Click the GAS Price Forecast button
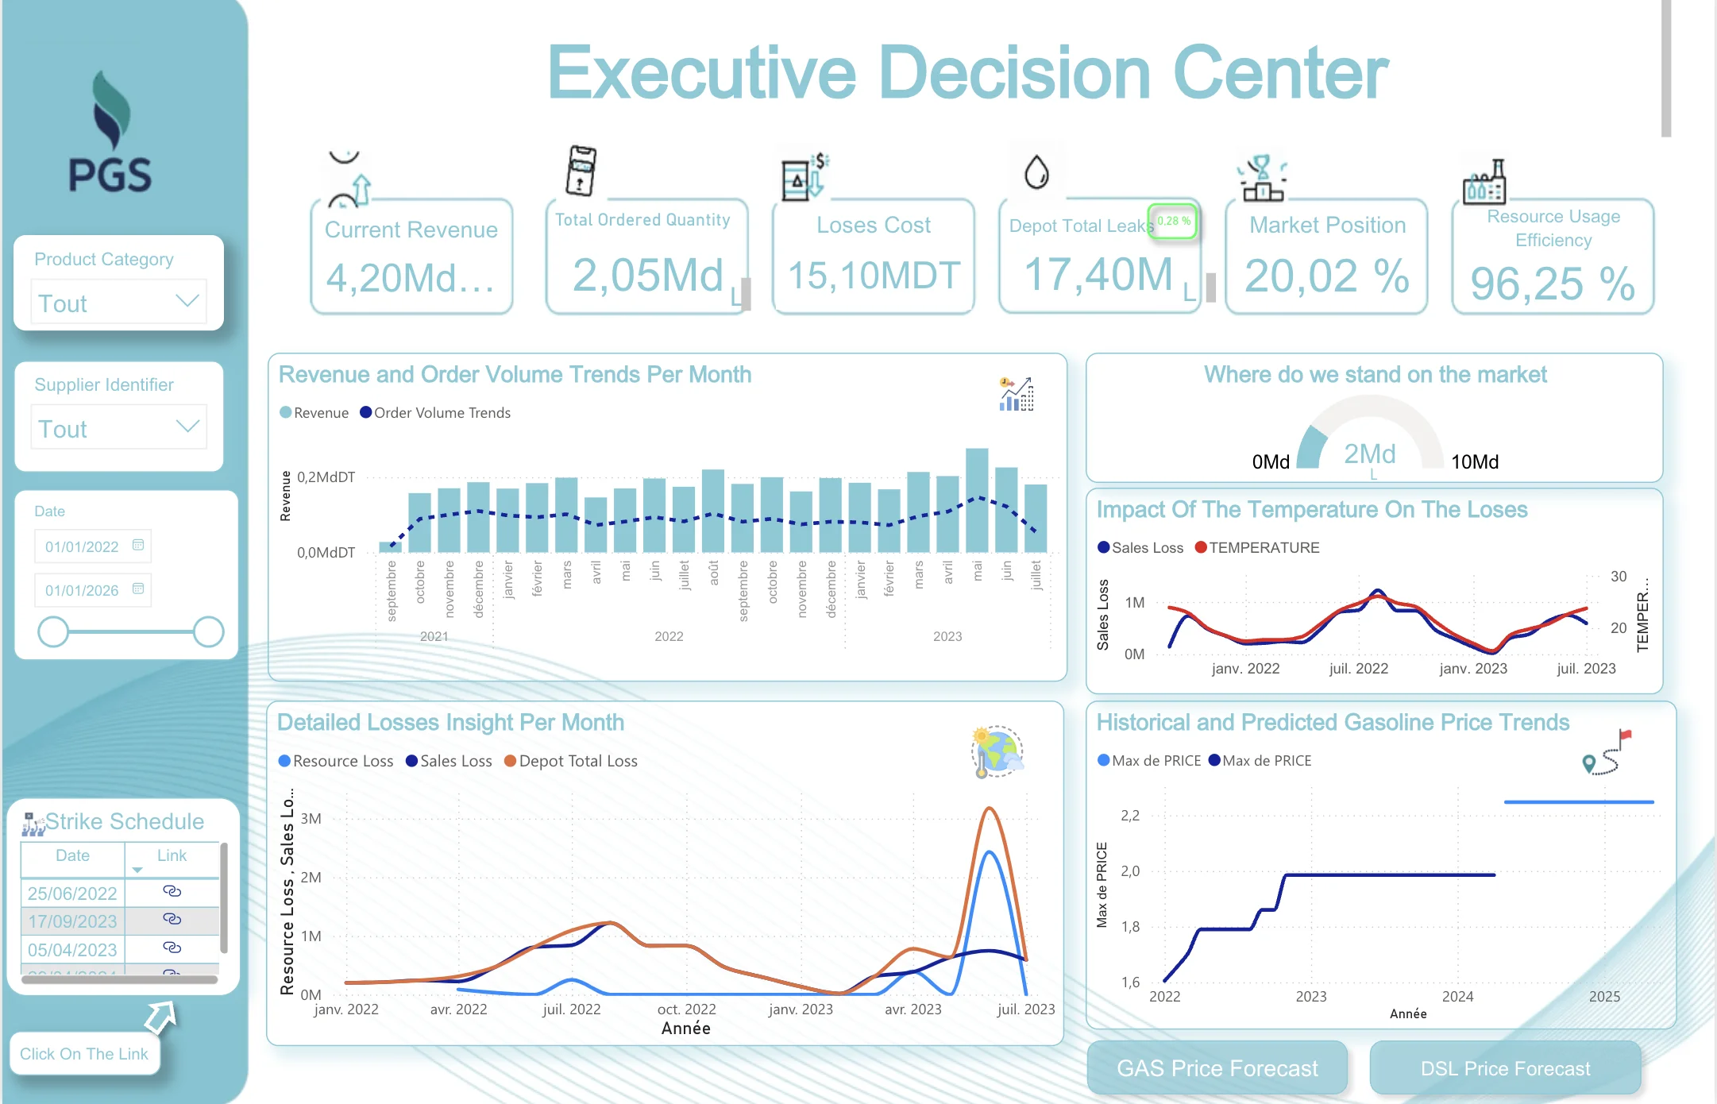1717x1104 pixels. (1217, 1068)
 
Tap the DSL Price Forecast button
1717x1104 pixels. (1505, 1068)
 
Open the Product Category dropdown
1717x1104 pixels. (118, 302)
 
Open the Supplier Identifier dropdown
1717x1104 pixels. (118, 427)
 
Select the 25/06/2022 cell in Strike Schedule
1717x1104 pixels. (72, 893)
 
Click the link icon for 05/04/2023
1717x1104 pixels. (172, 948)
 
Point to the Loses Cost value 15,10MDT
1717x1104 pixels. (874, 276)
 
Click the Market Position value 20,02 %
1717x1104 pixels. (1326, 276)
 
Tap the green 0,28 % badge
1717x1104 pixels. (1173, 222)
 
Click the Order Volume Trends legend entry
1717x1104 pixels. (442, 413)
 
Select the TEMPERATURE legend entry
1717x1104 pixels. (1264, 547)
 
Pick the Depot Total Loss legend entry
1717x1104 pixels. (577, 761)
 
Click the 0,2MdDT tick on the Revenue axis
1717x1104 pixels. (326, 477)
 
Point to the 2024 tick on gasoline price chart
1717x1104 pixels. (1457, 997)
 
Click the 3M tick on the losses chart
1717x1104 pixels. (311, 819)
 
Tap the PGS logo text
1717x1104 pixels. (110, 176)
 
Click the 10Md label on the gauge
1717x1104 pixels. (1474, 462)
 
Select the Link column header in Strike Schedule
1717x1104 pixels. (172, 855)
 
